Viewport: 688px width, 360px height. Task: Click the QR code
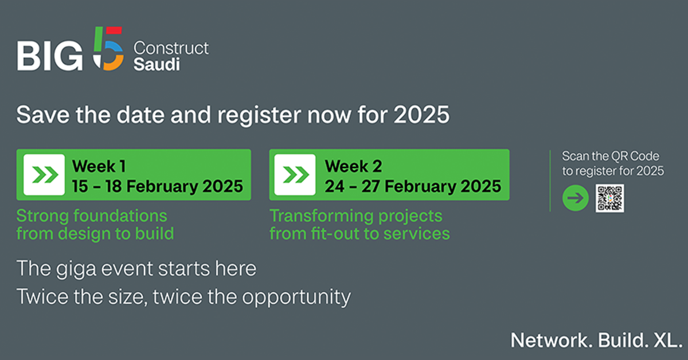[609, 198]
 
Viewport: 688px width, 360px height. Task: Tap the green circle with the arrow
[576, 198]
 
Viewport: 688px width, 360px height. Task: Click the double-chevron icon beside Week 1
[44, 175]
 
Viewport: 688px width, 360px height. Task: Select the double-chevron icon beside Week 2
[295, 175]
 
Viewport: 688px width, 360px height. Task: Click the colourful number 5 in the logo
[108, 49]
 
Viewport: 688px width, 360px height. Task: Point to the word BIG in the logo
[50, 56]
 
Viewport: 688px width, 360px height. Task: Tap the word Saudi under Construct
[157, 65]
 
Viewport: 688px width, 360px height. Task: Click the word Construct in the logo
[171, 48]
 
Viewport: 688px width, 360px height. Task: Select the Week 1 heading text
[99, 166]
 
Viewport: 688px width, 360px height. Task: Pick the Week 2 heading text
[354, 166]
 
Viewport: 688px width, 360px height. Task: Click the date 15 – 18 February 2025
[158, 186]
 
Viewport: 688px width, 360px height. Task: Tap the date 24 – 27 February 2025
[413, 186]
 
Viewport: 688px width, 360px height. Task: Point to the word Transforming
[321, 216]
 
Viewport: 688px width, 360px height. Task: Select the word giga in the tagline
[76, 269]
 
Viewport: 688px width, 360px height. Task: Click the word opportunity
[296, 298]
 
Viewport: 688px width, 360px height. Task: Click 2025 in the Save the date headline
[422, 115]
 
